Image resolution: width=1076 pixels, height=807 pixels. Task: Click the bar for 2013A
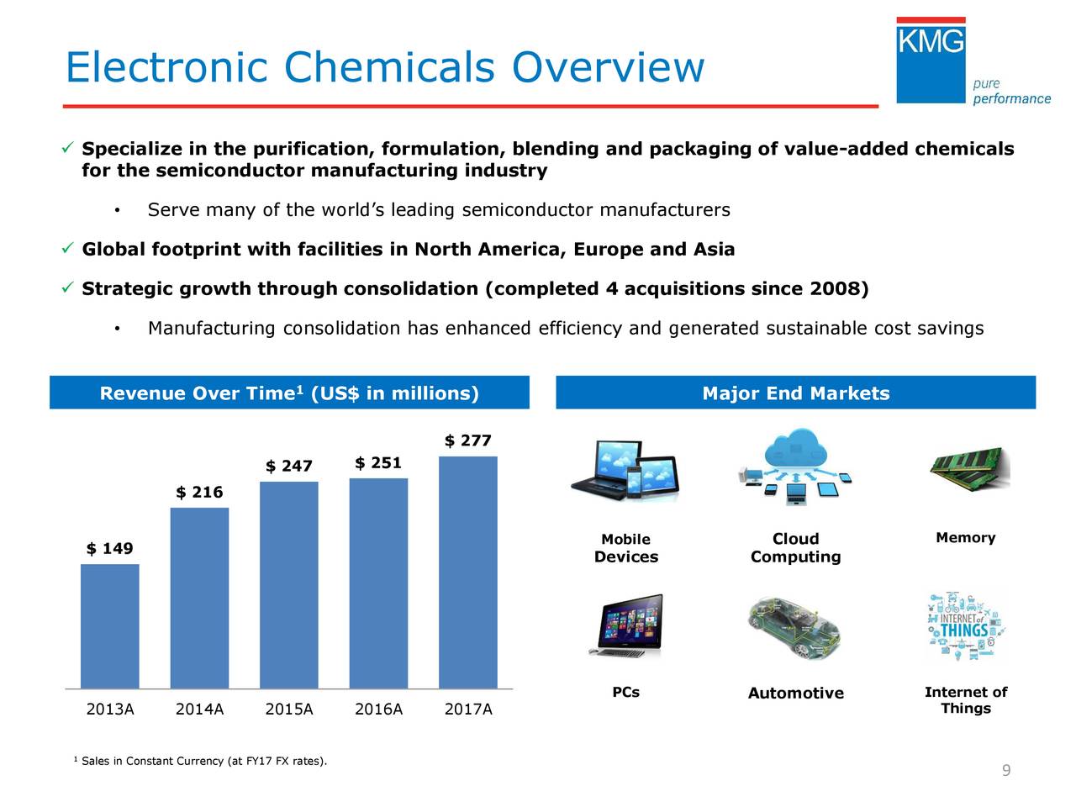point(110,626)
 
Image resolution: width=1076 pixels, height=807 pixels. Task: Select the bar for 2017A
point(468,572)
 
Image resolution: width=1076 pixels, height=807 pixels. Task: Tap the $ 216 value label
point(199,493)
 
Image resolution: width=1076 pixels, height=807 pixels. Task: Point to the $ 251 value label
point(378,463)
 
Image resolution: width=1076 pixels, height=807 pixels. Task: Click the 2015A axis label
point(289,709)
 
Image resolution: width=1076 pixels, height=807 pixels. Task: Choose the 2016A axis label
point(378,709)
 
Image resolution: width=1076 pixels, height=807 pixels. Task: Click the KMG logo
point(931,61)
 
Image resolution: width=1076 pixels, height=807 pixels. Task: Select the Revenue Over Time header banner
point(289,393)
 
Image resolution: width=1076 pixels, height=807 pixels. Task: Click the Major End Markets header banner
point(795,393)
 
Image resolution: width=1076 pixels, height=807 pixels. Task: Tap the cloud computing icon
point(795,467)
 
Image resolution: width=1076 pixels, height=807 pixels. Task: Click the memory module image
point(969,467)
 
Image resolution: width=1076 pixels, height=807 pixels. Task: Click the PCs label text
point(625,693)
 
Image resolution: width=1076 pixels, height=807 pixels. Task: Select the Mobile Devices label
point(625,548)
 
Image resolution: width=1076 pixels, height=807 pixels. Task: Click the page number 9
point(1005,772)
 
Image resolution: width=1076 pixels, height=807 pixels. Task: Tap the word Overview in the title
point(608,67)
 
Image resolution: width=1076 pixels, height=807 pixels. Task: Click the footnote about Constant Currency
point(202,762)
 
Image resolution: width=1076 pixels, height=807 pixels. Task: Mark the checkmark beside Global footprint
point(69,249)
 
